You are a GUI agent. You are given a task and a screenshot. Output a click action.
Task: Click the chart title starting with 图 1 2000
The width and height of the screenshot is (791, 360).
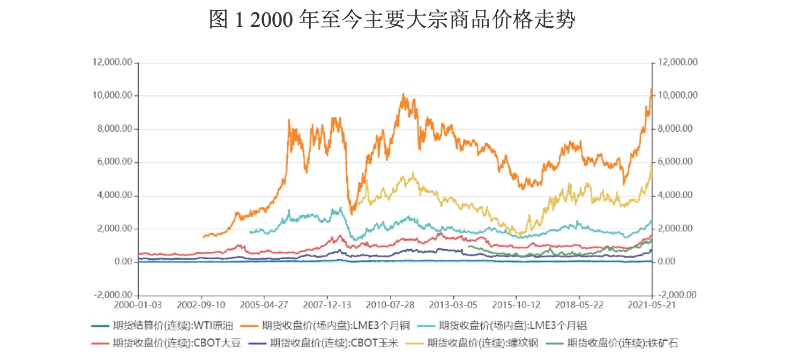click(x=392, y=20)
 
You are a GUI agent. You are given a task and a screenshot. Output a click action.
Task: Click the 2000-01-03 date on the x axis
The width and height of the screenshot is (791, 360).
click(x=138, y=305)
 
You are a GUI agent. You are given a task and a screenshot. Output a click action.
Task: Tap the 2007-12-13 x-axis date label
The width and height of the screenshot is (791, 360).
click(x=327, y=305)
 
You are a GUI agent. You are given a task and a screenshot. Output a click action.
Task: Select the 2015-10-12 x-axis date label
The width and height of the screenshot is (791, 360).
click(x=517, y=305)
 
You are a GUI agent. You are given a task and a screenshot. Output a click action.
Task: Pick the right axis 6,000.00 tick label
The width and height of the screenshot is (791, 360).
click(x=676, y=162)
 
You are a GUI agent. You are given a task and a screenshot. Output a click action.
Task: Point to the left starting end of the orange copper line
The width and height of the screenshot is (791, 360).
click(x=203, y=237)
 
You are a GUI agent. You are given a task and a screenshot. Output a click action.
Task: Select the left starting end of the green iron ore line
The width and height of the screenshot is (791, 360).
click(x=468, y=246)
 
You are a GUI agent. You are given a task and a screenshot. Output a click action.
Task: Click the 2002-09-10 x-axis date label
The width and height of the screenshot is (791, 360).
click(x=202, y=305)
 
